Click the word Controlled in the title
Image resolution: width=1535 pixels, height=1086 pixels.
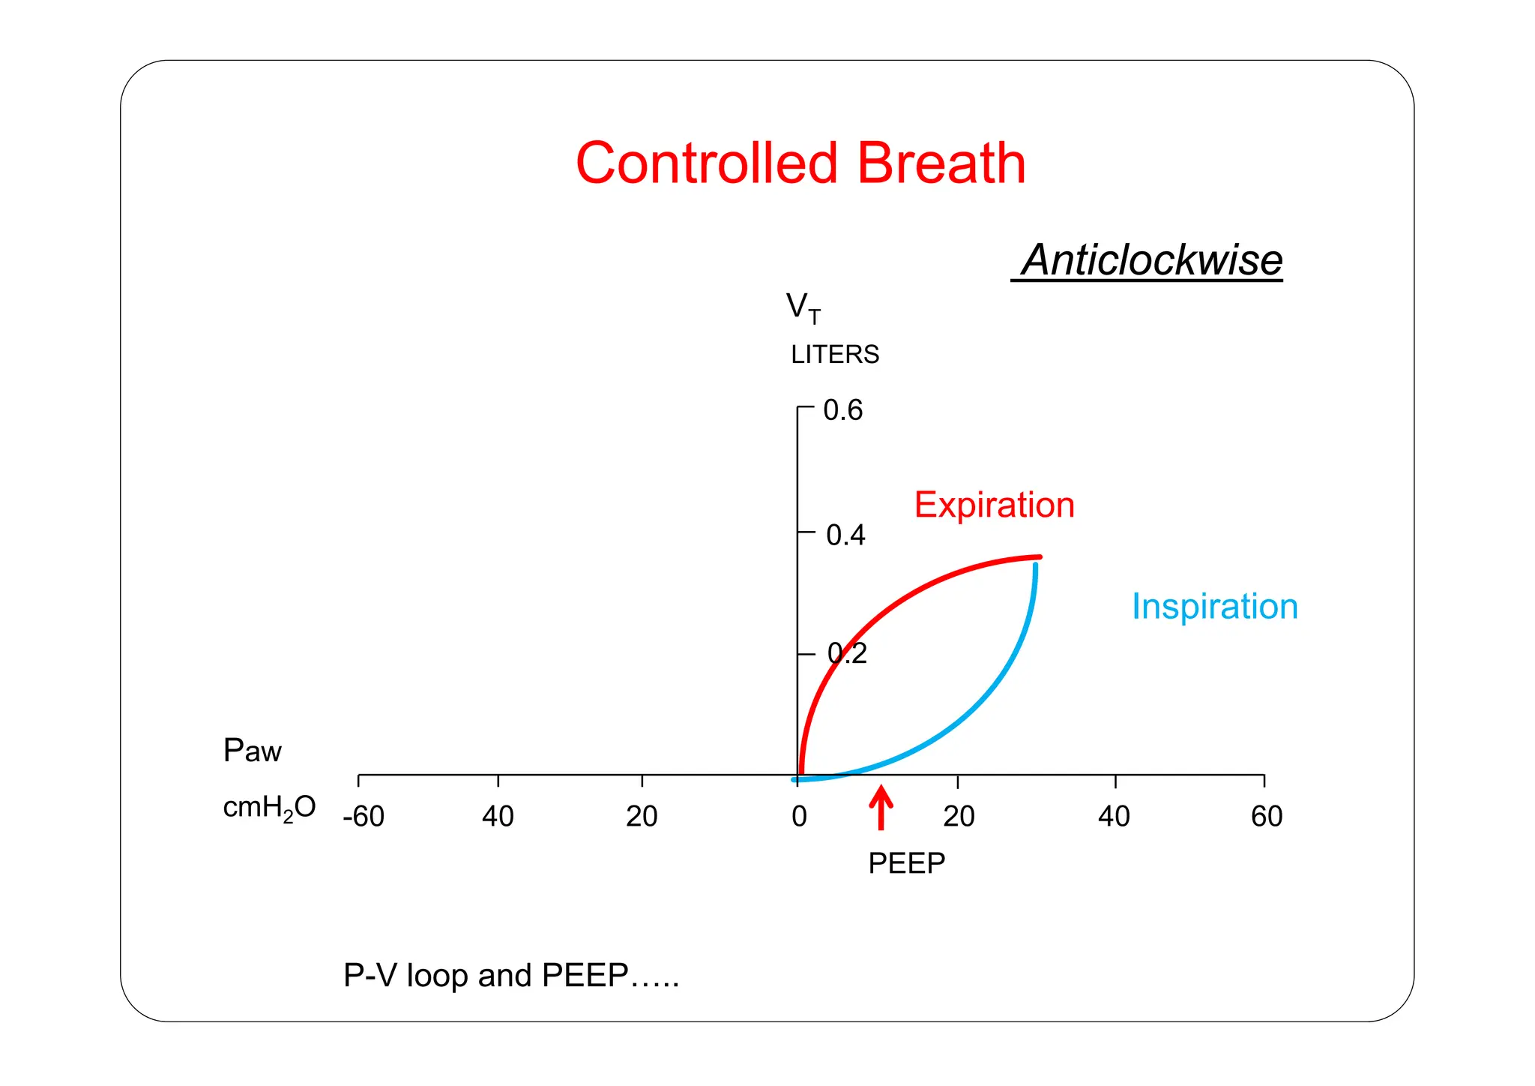[706, 163]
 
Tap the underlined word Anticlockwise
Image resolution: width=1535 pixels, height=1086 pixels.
[1151, 260]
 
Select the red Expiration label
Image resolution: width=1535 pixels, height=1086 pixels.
[994, 505]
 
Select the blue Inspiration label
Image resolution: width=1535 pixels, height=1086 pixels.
[1214, 606]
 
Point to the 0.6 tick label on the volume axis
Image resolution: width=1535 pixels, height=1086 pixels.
[842, 410]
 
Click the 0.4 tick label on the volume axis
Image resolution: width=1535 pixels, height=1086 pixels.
[845, 535]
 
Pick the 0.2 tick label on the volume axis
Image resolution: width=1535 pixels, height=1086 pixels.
[847, 653]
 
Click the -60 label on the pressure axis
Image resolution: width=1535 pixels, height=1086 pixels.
[364, 816]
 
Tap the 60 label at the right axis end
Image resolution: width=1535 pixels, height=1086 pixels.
[1267, 816]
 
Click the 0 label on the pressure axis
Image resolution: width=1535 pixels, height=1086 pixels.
[799, 816]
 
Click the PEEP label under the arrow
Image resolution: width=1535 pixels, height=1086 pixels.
[906, 863]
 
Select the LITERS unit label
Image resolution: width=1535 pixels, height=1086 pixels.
[835, 354]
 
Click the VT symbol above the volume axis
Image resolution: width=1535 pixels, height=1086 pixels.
[803, 308]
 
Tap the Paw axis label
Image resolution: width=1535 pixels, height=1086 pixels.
[252, 750]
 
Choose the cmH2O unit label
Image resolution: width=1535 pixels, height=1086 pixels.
[269, 808]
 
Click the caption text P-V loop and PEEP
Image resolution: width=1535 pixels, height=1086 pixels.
[510, 975]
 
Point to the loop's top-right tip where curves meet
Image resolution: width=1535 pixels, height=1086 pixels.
[1038, 559]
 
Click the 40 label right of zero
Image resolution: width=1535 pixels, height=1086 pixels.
[1114, 816]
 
